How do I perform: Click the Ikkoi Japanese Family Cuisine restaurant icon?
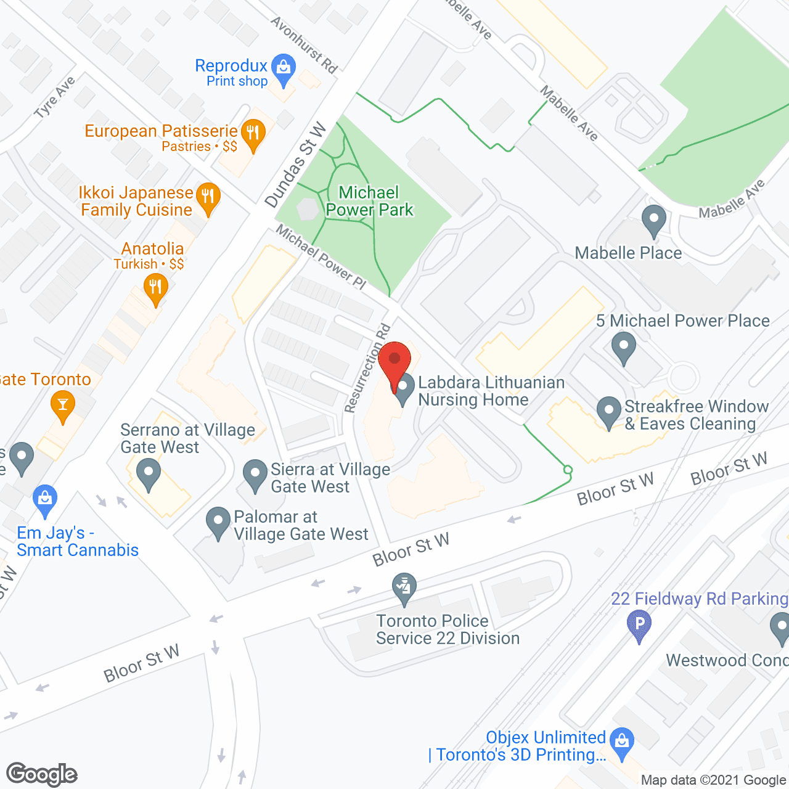(x=208, y=198)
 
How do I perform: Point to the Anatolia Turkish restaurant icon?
(x=155, y=288)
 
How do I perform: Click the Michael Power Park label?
(x=369, y=202)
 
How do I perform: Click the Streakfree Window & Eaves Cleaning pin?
(x=609, y=411)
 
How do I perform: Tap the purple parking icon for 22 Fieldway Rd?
(x=639, y=624)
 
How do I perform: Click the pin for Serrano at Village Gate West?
(x=148, y=475)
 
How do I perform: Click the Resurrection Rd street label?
(x=367, y=368)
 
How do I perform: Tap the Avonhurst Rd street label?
(x=304, y=45)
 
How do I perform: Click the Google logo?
(x=42, y=774)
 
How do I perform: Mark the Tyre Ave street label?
(x=55, y=97)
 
